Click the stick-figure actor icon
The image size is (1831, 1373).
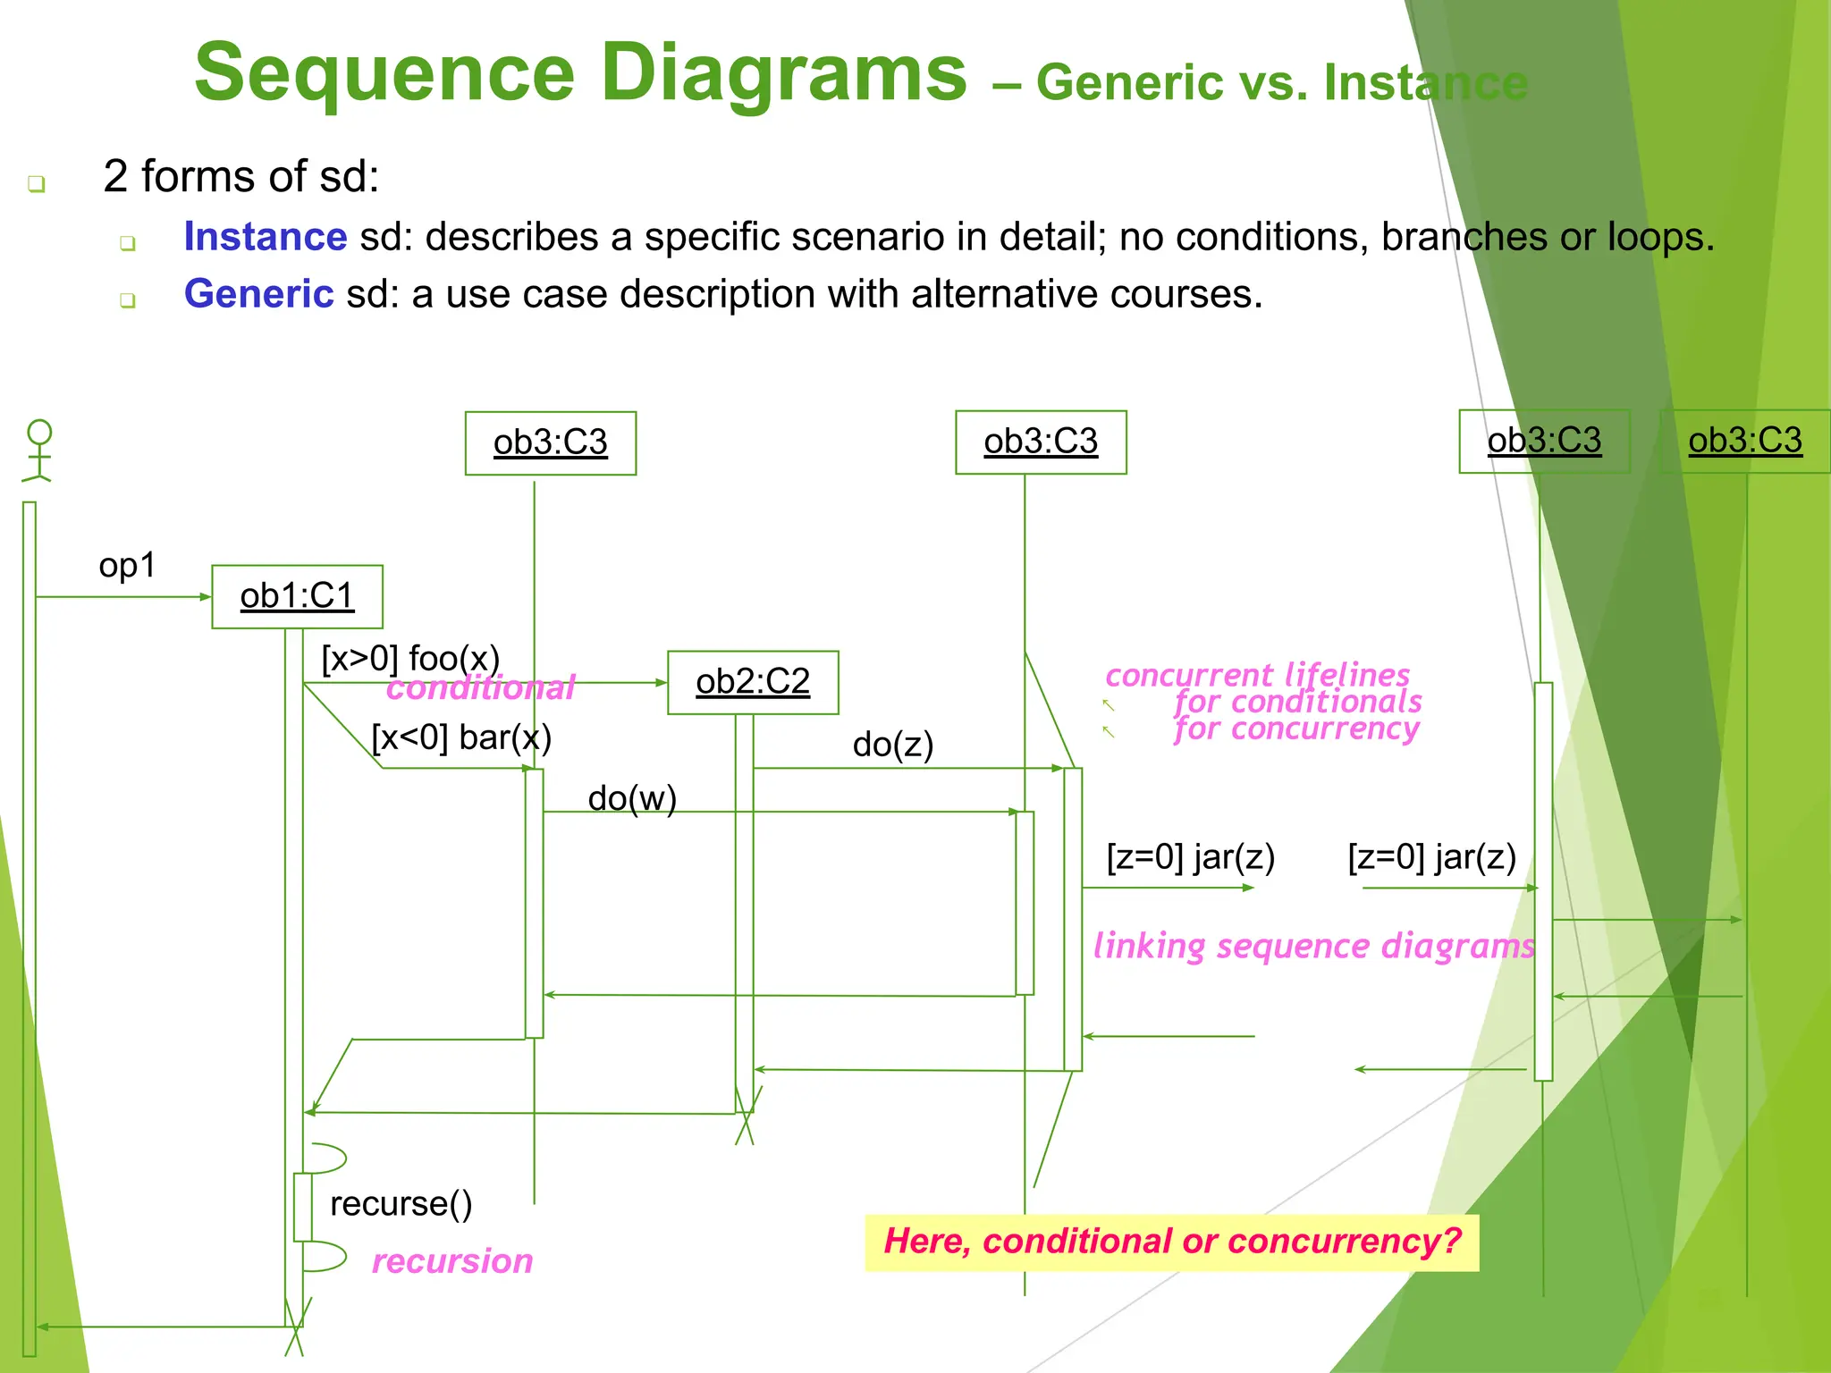pos(38,451)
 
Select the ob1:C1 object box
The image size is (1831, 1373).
pos(297,596)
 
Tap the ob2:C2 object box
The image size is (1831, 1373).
pos(753,682)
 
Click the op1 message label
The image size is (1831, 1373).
pos(127,565)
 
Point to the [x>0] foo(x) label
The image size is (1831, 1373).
pos(410,659)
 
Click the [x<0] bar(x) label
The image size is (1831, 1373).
pos(461,737)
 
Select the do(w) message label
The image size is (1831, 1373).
pos(632,798)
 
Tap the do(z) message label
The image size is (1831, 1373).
pos(892,744)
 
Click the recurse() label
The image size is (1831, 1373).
pos(401,1203)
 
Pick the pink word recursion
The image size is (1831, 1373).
pos(452,1260)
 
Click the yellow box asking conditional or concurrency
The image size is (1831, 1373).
pos(1171,1242)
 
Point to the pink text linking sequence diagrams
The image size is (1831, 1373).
pos(1313,946)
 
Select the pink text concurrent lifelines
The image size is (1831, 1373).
pos(1257,675)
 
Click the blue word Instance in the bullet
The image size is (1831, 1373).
pos(265,237)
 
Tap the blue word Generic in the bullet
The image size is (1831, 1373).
pos(258,294)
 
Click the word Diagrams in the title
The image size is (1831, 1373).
pos(783,73)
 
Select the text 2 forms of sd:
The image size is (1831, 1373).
pos(240,176)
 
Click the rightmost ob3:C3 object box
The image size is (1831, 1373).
pos(1744,441)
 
